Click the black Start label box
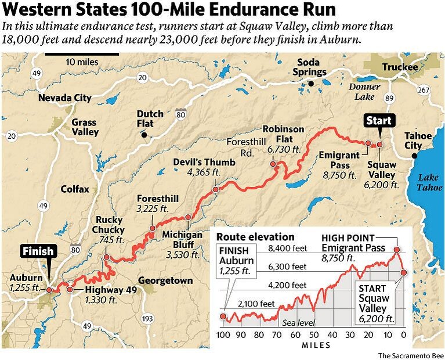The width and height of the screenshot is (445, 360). pos(378,121)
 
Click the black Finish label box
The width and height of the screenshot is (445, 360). pos(38,251)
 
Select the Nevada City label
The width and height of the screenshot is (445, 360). pos(64,98)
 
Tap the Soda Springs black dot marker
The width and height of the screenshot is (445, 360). pos(311,84)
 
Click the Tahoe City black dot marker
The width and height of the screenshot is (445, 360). pos(414,156)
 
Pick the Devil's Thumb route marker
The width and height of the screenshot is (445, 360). pos(216,189)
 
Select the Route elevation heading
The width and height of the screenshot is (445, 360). pos(255,237)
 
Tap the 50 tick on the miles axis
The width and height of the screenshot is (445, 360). pos(313,335)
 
